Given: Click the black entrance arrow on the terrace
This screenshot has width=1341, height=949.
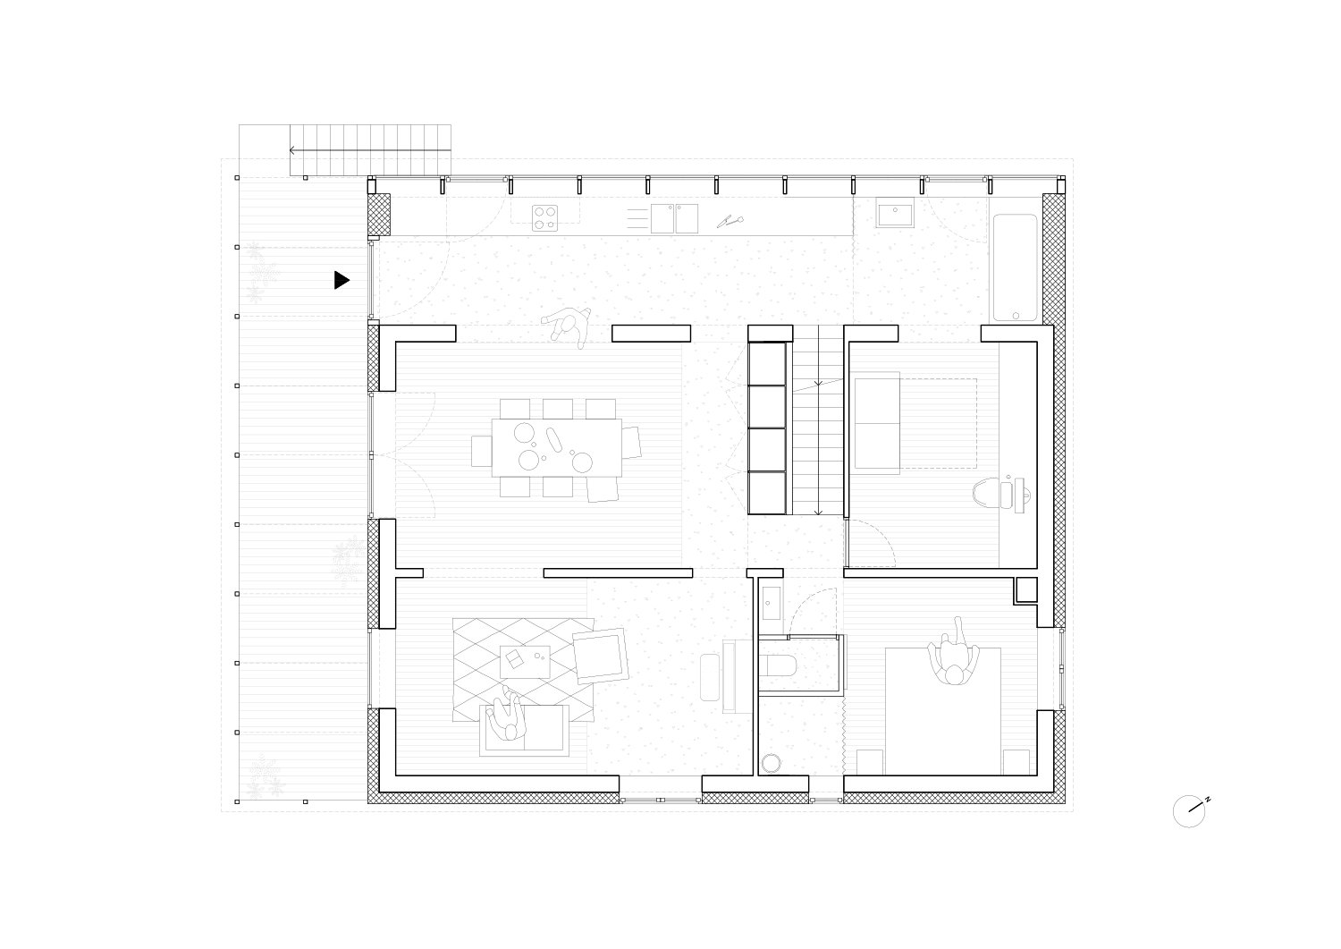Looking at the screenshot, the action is point(342,280).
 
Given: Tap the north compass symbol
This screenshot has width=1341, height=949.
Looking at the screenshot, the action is point(1190,811).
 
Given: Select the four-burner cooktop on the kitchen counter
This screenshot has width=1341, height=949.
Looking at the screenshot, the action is point(544,218).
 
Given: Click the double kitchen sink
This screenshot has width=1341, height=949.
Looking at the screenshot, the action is point(674,218).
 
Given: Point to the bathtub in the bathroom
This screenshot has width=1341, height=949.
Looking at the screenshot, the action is point(1016,267).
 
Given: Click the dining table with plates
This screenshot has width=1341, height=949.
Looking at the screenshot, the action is point(557,447).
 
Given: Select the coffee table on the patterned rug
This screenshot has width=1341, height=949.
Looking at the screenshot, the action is point(525,661).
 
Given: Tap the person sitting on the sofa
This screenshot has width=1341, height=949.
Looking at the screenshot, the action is point(508,715).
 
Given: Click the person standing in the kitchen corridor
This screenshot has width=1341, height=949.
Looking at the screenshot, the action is point(567,326).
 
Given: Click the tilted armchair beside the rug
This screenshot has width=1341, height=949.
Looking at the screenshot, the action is point(601,656).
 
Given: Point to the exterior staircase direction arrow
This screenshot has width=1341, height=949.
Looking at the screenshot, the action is point(370,149).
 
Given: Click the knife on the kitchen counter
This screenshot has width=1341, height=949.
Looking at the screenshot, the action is point(730,221).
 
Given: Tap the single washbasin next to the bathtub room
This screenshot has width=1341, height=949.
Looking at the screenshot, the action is point(895,212).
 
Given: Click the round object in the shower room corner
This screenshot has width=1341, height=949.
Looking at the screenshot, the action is point(771,763).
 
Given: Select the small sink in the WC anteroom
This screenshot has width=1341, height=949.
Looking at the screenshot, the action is point(772,603).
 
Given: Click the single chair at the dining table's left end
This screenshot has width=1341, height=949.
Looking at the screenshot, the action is point(481,451).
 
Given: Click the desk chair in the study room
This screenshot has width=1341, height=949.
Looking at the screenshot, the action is point(985,493).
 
